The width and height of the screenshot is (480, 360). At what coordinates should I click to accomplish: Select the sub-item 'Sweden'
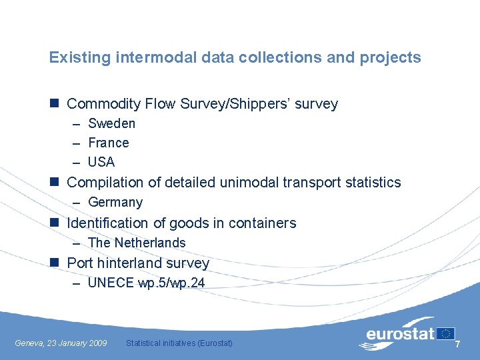pos(111,123)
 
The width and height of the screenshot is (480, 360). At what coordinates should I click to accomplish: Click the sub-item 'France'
pos(109,143)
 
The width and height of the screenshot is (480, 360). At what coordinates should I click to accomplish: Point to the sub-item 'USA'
pos(101,162)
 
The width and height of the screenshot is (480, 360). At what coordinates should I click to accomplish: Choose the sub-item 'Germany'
pos(115,202)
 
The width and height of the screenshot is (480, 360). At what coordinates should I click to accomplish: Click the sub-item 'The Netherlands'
pos(137,243)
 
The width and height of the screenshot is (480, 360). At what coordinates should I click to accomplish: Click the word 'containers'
pos(262,223)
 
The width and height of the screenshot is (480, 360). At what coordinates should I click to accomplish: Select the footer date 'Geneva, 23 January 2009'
pos(61,343)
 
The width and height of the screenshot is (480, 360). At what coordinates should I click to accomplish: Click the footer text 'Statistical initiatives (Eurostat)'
pos(179,343)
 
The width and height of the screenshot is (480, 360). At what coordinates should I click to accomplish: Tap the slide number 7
pos(457,343)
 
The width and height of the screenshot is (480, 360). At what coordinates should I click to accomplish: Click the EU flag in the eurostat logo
pos(445,333)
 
